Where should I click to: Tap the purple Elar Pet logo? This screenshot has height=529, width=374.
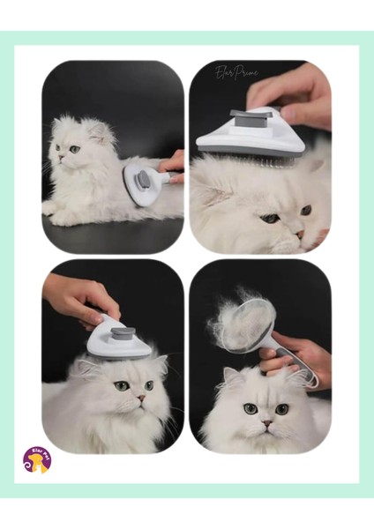click(37, 458)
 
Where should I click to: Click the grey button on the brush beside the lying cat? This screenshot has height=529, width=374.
click(142, 179)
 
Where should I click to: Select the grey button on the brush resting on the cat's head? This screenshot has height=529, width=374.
click(123, 334)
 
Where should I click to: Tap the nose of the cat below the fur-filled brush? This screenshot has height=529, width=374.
click(266, 421)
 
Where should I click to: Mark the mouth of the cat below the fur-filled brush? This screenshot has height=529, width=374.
click(266, 431)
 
